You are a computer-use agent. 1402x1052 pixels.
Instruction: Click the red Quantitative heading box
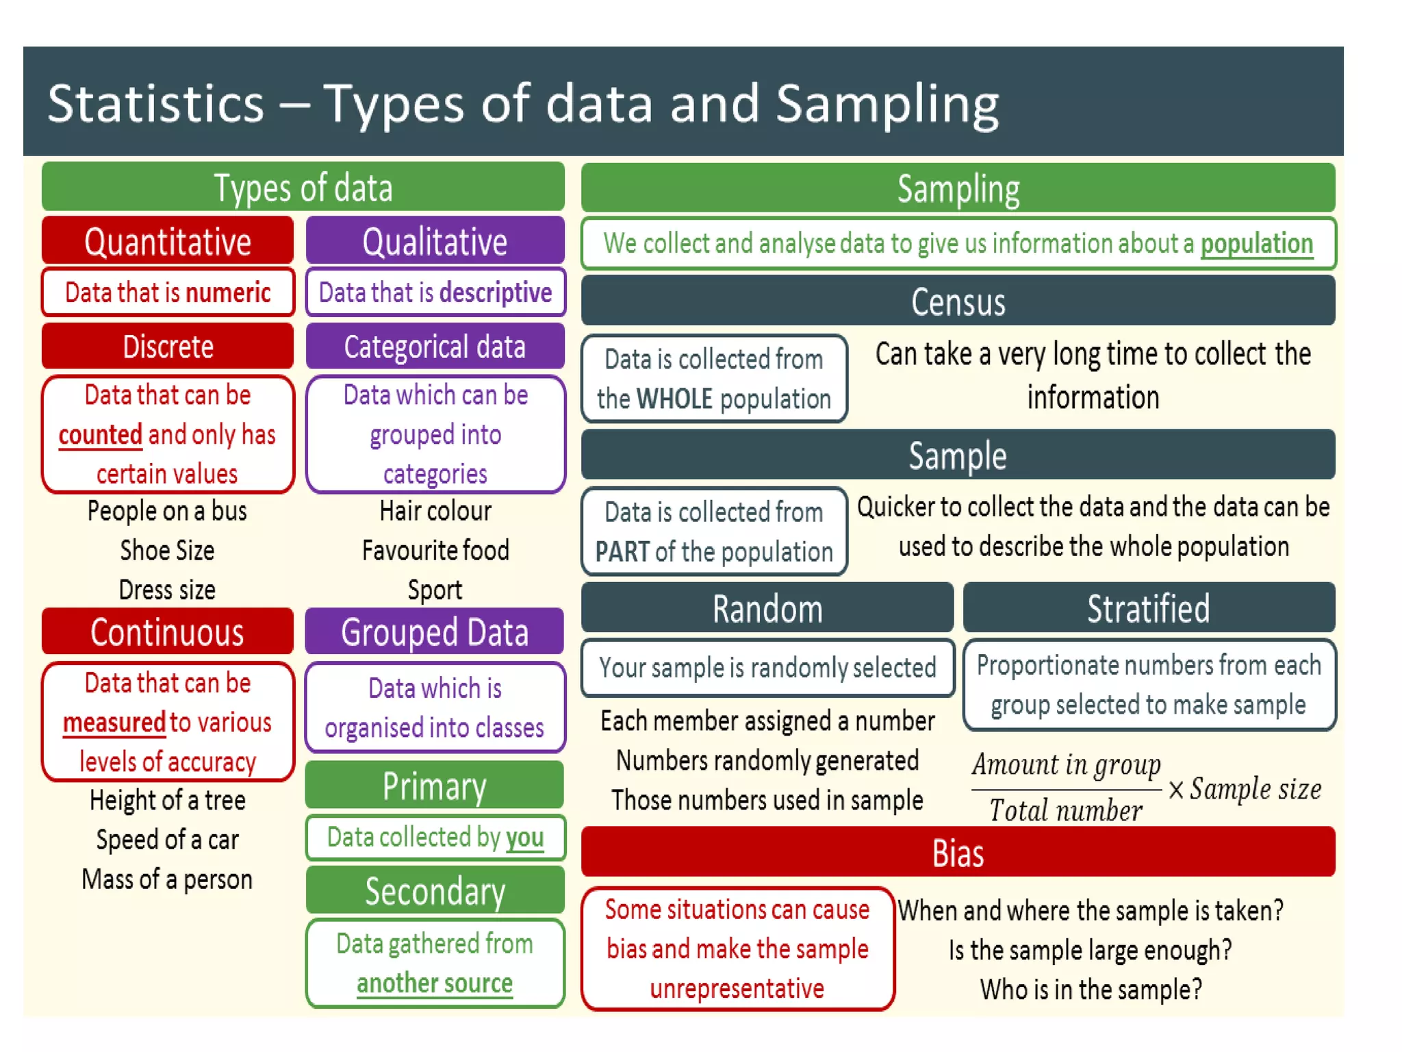[x=168, y=241]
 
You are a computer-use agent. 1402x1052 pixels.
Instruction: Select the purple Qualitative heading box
[x=435, y=241]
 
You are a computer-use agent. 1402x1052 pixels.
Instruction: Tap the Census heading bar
[x=958, y=301]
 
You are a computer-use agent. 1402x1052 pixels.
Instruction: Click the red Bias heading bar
[x=958, y=853]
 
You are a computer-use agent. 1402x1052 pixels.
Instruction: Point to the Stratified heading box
[x=1149, y=608]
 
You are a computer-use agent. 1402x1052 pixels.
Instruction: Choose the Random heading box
[x=767, y=608]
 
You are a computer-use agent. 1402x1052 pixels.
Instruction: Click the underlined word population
[x=1256, y=244]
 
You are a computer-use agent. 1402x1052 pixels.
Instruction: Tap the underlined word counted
[x=101, y=435]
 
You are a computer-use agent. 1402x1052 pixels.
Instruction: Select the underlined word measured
[x=114, y=723]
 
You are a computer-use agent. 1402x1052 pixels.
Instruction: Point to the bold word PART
[x=622, y=552]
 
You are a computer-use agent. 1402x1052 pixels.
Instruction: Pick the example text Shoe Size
[x=168, y=551]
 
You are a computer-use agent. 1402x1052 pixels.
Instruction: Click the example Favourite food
[x=435, y=551]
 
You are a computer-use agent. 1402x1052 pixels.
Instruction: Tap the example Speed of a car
[x=168, y=840]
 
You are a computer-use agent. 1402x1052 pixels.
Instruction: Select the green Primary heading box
[x=435, y=786]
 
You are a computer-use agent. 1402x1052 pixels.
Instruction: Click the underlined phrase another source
[x=435, y=983]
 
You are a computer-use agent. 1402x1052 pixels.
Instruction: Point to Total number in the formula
[x=1065, y=811]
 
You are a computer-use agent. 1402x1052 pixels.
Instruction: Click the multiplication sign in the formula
[x=1176, y=790]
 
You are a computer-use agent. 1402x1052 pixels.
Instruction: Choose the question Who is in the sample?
[x=1091, y=990]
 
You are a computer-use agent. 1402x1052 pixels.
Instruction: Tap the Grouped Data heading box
[x=435, y=631]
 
